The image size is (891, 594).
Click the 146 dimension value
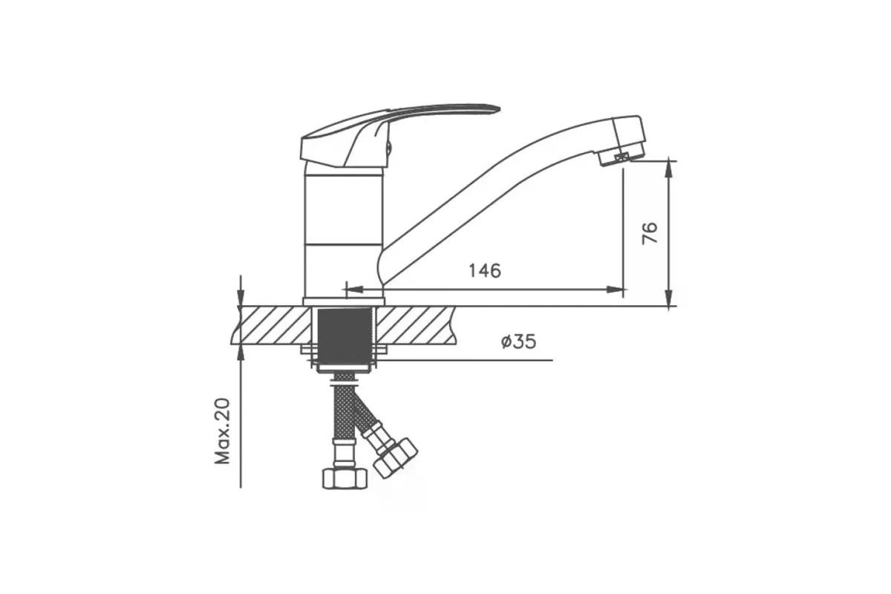coord(484,271)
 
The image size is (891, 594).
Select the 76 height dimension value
coord(650,234)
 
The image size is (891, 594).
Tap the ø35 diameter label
coord(518,342)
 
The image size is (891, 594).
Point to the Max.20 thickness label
coord(222,431)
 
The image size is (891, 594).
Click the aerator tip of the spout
coord(621,157)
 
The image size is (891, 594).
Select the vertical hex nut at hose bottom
coord(345,478)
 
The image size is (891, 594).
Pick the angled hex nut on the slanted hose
coord(395,458)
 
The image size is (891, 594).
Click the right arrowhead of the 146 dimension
coord(615,290)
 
